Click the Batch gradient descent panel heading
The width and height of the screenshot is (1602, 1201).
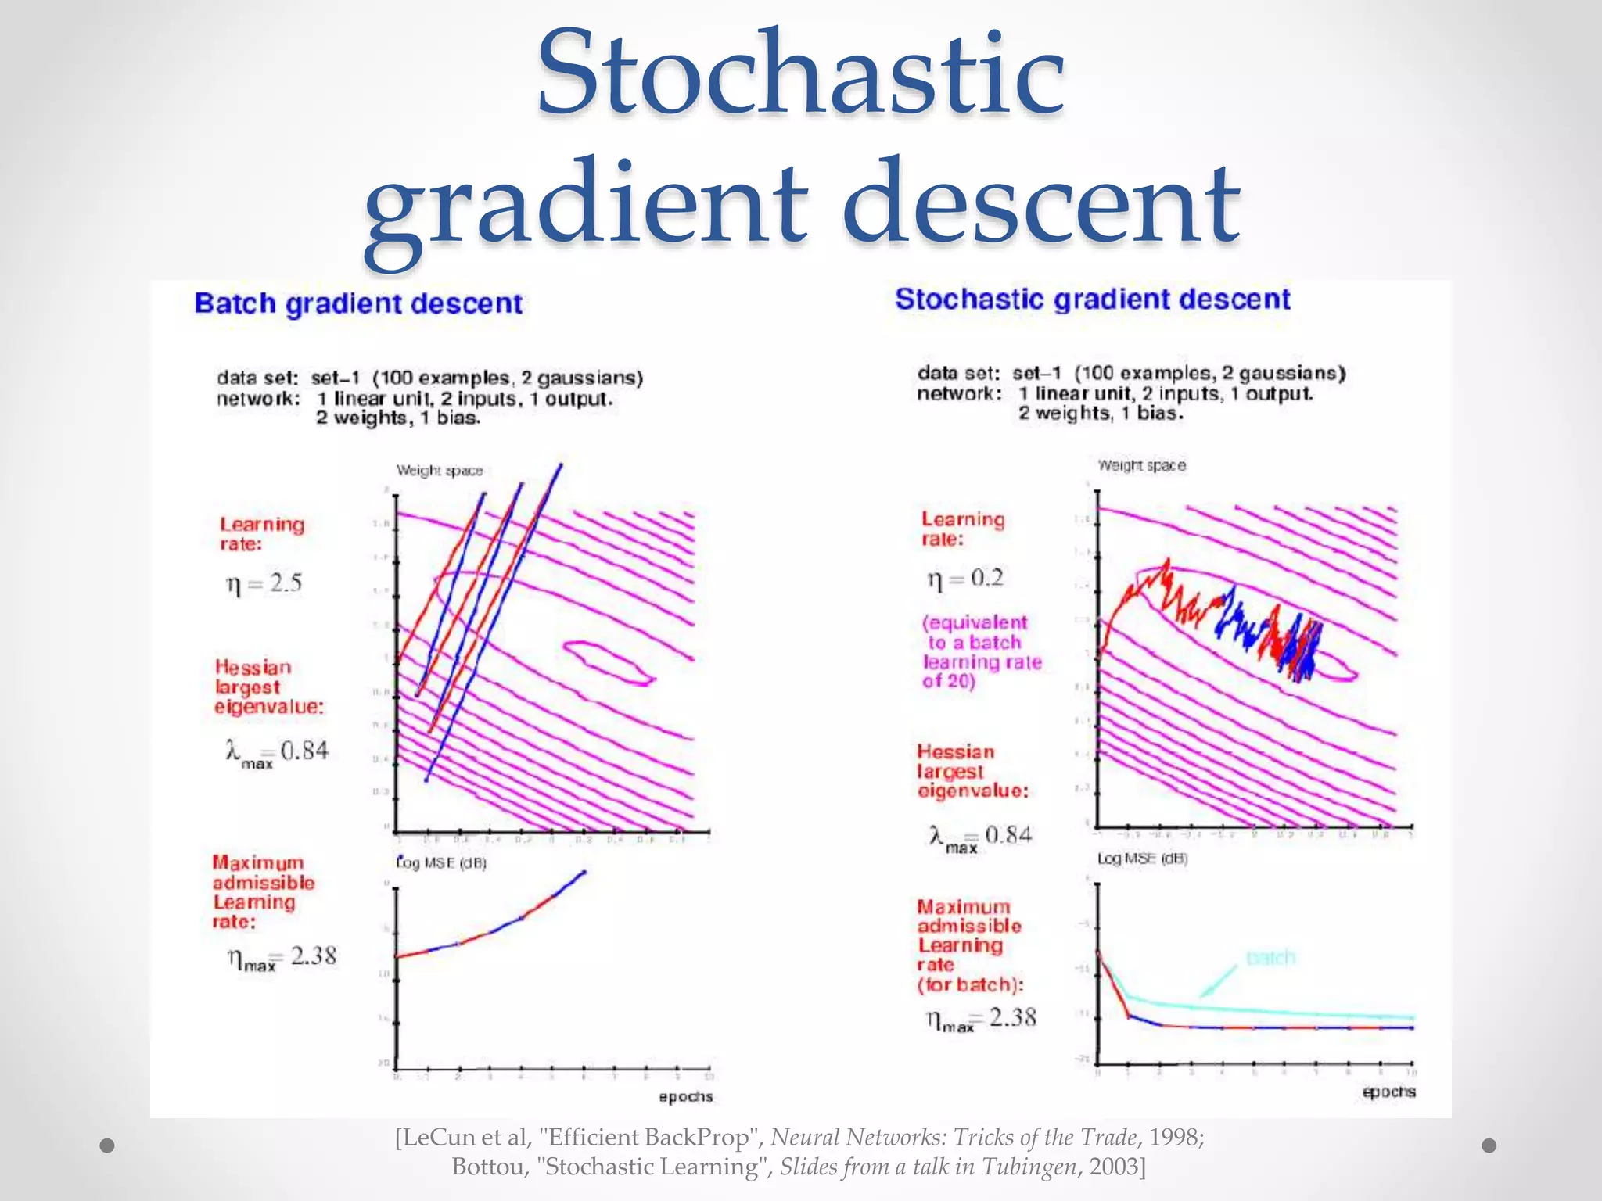click(x=357, y=303)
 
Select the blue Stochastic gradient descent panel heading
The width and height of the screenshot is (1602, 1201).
click(x=1092, y=299)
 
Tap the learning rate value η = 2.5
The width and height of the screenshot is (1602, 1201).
click(x=264, y=583)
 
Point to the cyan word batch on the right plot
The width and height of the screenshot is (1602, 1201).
click(x=1270, y=957)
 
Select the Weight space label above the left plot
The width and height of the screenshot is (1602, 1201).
click(x=439, y=471)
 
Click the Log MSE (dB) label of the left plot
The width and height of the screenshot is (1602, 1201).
click(x=441, y=863)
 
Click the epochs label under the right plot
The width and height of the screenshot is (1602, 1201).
click(x=1388, y=1092)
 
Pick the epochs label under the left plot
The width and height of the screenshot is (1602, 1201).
click(x=685, y=1096)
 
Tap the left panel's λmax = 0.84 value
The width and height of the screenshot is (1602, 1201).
click(x=277, y=752)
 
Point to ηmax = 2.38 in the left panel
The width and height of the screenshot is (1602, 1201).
click(x=282, y=957)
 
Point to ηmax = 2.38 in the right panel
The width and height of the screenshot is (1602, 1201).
click(x=981, y=1018)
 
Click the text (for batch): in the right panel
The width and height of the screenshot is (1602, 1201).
click(x=970, y=984)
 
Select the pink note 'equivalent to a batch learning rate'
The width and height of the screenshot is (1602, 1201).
click(x=981, y=652)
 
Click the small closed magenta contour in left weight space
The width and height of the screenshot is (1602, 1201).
click(x=607, y=662)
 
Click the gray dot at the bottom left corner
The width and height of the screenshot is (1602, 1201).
click(x=108, y=1145)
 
